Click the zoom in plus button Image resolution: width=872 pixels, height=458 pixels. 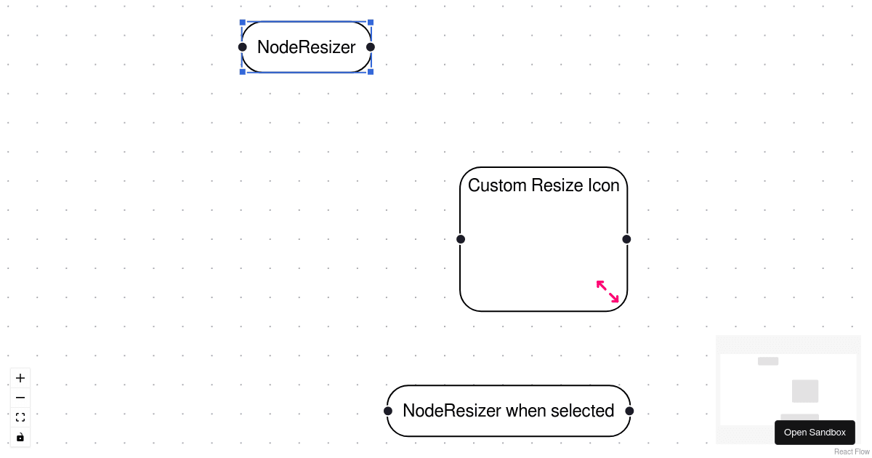point(20,378)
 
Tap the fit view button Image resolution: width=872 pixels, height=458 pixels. point(20,417)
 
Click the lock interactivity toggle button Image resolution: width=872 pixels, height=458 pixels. point(20,437)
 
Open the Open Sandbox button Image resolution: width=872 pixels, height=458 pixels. point(815,433)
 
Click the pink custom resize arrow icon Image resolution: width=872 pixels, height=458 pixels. point(607,292)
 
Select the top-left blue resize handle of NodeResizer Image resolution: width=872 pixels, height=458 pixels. point(243,23)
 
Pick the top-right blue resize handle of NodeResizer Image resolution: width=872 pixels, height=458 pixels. point(371,23)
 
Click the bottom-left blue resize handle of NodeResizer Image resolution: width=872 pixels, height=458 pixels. point(243,72)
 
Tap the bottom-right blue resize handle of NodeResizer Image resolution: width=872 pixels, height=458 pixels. point(371,72)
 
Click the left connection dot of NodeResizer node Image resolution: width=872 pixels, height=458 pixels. point(243,47)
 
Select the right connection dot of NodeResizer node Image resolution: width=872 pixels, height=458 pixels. point(371,47)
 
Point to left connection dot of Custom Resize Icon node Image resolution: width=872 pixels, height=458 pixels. point(461,239)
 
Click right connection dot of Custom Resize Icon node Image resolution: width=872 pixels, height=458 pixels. point(626,239)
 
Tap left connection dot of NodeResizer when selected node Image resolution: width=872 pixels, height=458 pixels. point(388,411)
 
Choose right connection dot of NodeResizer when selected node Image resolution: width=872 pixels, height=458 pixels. point(629,411)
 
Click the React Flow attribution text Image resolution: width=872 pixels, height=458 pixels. point(852,451)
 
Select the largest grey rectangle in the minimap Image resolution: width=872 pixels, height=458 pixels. point(805,391)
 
